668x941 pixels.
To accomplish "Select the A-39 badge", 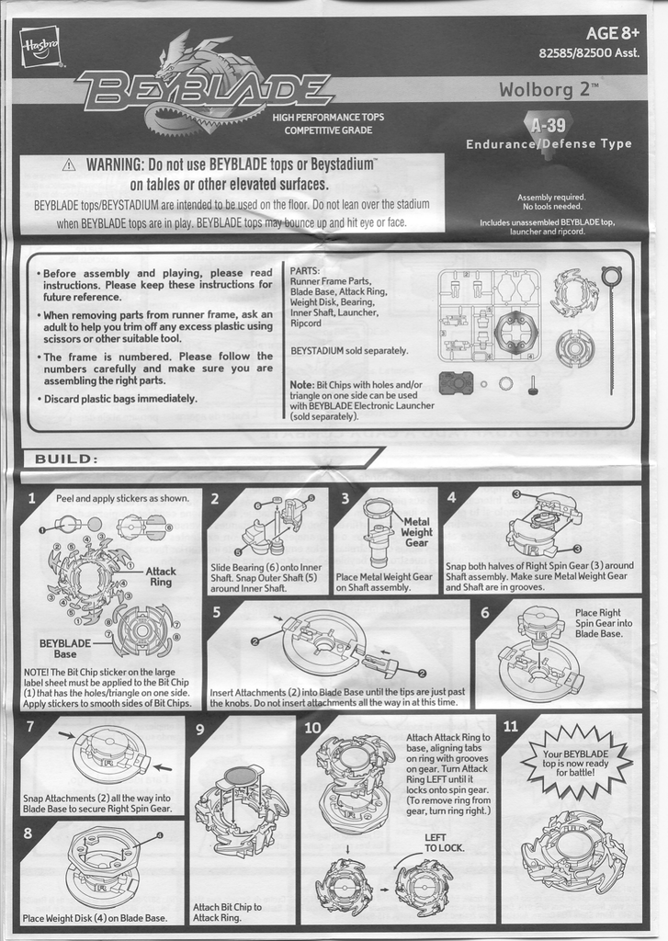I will [549, 124].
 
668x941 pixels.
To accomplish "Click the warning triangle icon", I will [69, 165].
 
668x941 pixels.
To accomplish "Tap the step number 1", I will [33, 499].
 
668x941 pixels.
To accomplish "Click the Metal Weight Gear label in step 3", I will [416, 532].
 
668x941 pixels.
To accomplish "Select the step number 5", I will [217, 611].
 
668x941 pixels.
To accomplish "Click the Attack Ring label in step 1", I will [161, 576].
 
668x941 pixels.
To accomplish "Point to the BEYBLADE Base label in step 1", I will [65, 649].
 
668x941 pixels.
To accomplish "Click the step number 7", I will [30, 726].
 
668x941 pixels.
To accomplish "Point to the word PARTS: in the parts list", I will [304, 271].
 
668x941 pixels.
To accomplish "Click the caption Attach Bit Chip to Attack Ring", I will [227, 912].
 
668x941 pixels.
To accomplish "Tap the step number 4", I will [452, 498].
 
